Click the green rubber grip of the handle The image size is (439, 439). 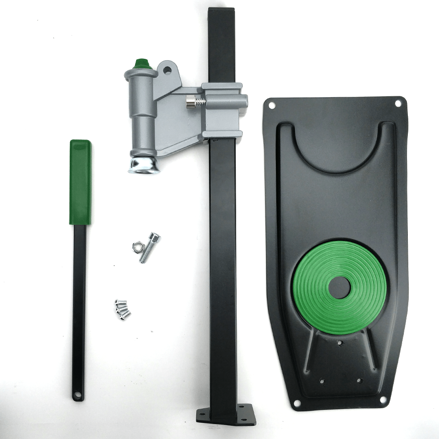80,182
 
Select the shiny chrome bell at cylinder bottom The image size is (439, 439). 144,166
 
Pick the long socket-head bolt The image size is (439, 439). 149,248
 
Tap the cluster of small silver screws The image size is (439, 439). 122,308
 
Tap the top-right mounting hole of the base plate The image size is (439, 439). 398,104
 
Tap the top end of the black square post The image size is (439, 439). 221,11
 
